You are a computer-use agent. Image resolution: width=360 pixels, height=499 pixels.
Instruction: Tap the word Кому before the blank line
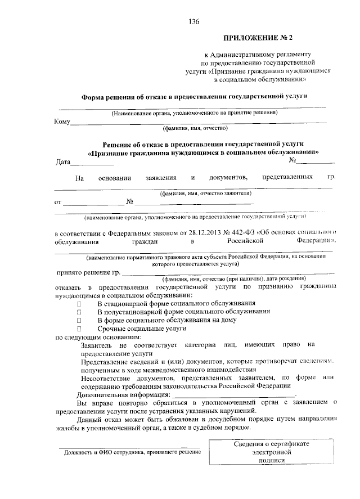point(62,122)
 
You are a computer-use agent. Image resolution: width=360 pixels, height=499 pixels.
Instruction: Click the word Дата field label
point(62,163)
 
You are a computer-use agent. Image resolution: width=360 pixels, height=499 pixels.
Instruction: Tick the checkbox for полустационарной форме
point(79,312)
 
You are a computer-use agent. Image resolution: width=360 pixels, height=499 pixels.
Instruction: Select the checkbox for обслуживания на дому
point(79,320)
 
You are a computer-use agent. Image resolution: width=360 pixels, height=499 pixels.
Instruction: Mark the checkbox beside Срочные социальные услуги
point(79,328)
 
